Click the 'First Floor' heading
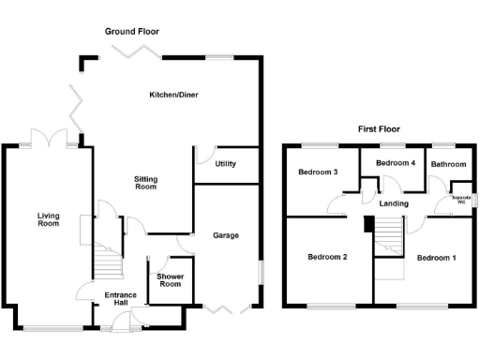[379, 129]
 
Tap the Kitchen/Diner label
[174, 95]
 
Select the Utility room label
[225, 164]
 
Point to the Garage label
[225, 235]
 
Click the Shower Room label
[170, 279]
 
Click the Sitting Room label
[145, 183]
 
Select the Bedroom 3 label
[318, 172]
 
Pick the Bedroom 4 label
[396, 163]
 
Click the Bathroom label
[448, 165]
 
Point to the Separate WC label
[460, 200]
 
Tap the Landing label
[394, 202]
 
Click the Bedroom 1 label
[437, 257]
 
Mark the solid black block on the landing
[368, 223]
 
